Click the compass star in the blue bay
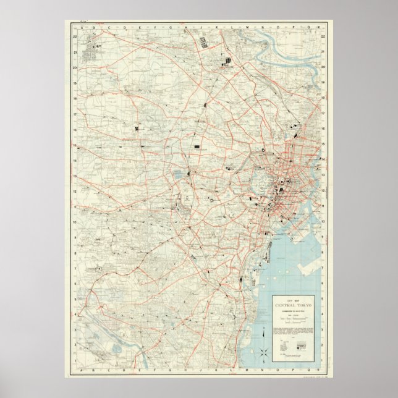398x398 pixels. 263,355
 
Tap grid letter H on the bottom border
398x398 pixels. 171,371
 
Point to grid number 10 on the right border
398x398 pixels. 323,222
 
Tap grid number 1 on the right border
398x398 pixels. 323,361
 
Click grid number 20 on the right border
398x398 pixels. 323,67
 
